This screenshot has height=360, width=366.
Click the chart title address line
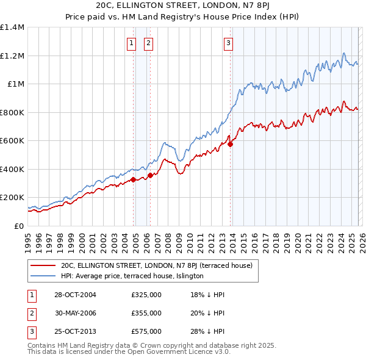coord(183,5)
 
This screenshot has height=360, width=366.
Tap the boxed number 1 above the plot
coord(131,43)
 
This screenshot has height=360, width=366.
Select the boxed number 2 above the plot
coord(148,43)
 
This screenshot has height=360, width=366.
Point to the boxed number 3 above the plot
coord(228,43)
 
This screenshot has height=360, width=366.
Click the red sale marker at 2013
coord(231,145)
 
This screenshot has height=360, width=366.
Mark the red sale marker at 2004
coord(133,180)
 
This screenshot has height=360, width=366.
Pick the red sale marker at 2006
coord(150,176)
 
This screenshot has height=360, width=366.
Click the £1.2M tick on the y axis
coord(12,56)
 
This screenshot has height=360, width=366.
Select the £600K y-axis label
coord(12,140)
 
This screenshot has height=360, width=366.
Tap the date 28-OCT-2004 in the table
coord(76,295)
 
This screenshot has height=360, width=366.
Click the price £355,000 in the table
coord(146,313)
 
